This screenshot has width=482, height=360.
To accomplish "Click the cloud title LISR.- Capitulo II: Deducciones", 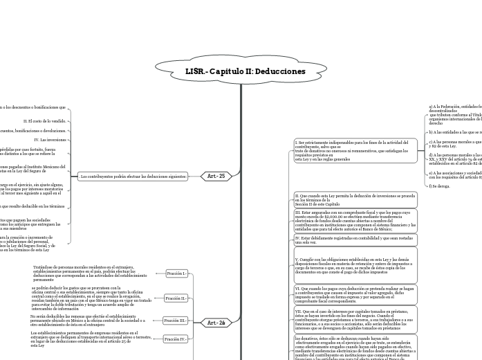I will pos(245,71).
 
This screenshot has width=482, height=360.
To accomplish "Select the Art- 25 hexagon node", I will pos(216,176).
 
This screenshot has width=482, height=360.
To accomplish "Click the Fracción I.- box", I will pos(177,273).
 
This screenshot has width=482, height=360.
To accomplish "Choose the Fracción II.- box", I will pos(176,298).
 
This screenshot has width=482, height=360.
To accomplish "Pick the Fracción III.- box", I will pos(176,321).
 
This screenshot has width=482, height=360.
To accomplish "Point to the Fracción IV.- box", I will pos(176,339).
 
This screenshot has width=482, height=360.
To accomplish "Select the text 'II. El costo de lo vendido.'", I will pos(44,120).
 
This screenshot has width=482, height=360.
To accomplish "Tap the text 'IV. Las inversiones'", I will pos(50,139).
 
